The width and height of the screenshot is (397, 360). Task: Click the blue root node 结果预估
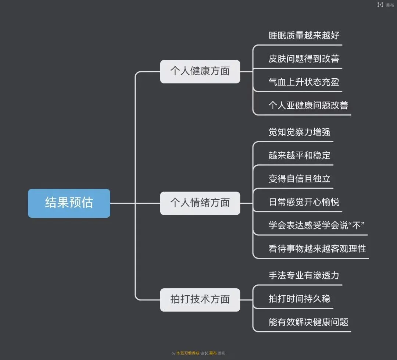point(69,203)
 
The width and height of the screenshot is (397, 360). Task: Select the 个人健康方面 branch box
point(200,71)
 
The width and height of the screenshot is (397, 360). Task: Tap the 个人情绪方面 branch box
point(200,203)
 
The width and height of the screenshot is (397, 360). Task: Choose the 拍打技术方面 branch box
point(200,300)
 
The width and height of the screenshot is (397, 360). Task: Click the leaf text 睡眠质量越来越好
point(304,36)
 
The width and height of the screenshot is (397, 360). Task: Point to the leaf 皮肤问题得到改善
point(304,59)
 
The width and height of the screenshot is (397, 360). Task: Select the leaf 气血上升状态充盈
point(304,82)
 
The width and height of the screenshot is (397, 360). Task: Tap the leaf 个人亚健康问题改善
point(308,106)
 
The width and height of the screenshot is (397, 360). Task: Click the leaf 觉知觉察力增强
point(299,132)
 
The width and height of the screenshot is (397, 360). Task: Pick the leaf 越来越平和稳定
point(299,156)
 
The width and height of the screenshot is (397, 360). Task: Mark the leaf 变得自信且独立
point(299,179)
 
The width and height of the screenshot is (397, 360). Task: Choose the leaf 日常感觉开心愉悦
point(304,202)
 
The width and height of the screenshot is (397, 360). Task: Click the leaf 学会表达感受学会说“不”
point(316,225)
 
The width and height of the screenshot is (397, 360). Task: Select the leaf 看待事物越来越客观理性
point(317,249)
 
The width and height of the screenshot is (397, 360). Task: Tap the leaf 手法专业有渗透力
point(304,275)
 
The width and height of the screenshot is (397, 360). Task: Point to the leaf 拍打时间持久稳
point(299,299)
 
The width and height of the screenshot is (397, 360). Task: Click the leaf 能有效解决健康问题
point(308,322)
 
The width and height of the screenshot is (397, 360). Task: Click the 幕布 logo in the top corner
point(385,5)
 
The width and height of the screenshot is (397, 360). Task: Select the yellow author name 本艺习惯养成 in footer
point(187,353)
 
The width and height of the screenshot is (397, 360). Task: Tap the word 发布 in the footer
point(222,353)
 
